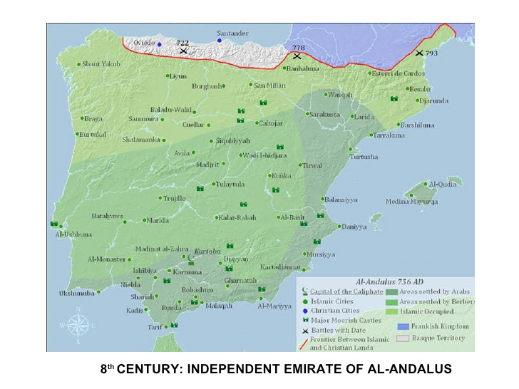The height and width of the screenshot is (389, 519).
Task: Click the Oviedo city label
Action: click(143, 43)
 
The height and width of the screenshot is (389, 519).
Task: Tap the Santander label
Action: click(232, 33)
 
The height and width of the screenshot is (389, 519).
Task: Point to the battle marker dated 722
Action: click(183, 51)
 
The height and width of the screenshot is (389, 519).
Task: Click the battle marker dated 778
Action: click(297, 56)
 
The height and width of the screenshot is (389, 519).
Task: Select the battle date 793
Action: click(432, 53)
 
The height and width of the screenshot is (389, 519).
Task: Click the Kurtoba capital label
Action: click(207, 251)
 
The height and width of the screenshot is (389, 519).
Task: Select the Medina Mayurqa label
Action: click(412, 202)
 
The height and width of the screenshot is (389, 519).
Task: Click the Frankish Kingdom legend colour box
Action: click(403, 326)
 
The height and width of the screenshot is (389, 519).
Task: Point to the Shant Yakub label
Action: click(101, 64)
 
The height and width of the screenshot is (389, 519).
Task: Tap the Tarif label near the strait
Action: click(155, 327)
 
